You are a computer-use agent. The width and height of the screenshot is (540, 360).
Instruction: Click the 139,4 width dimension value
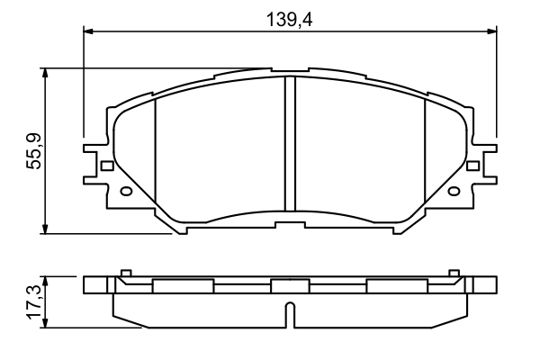tap(287, 16)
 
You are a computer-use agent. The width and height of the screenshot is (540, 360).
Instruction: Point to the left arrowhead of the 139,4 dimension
tap(88, 31)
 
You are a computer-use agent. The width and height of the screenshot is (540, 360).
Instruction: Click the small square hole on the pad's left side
tap(107, 166)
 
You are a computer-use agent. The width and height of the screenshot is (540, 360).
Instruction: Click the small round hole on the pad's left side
tap(126, 191)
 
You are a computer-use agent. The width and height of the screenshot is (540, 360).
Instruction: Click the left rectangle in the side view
tap(184, 286)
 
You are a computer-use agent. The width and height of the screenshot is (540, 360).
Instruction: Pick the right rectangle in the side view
tap(396, 286)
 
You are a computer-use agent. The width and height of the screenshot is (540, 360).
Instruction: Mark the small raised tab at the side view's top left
tap(126, 271)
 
